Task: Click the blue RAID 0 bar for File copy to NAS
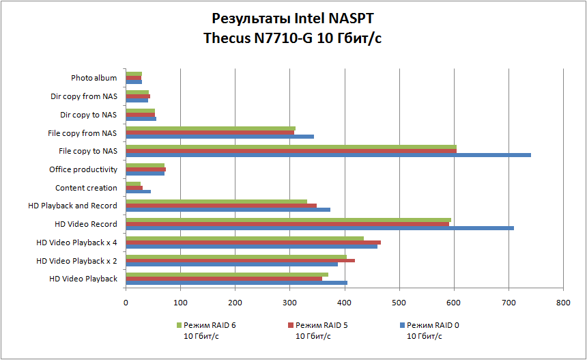[x=328, y=155]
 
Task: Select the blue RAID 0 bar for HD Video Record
[x=319, y=228]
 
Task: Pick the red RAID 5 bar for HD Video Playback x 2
[x=240, y=260]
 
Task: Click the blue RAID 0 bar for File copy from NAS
[x=220, y=137]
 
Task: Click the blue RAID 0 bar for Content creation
[x=139, y=191]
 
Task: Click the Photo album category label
[x=94, y=78]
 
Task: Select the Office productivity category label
[x=83, y=169]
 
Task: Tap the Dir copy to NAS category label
[x=89, y=115]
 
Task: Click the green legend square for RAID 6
[x=180, y=325]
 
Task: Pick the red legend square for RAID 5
[x=290, y=325]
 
